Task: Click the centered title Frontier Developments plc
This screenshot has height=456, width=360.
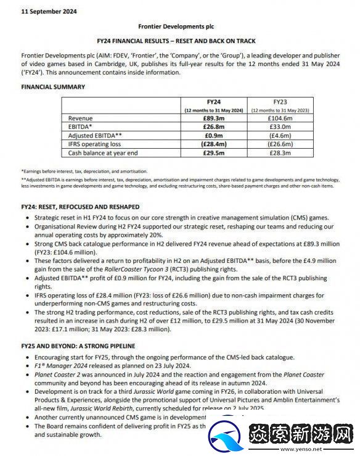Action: (x=179, y=28)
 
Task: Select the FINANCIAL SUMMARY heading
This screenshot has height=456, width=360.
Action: (x=53, y=87)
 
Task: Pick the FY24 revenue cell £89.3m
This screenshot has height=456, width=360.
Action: (x=214, y=118)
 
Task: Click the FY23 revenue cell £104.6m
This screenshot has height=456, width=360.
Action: (x=280, y=118)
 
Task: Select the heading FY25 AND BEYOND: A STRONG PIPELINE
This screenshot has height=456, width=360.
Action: (x=78, y=347)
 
